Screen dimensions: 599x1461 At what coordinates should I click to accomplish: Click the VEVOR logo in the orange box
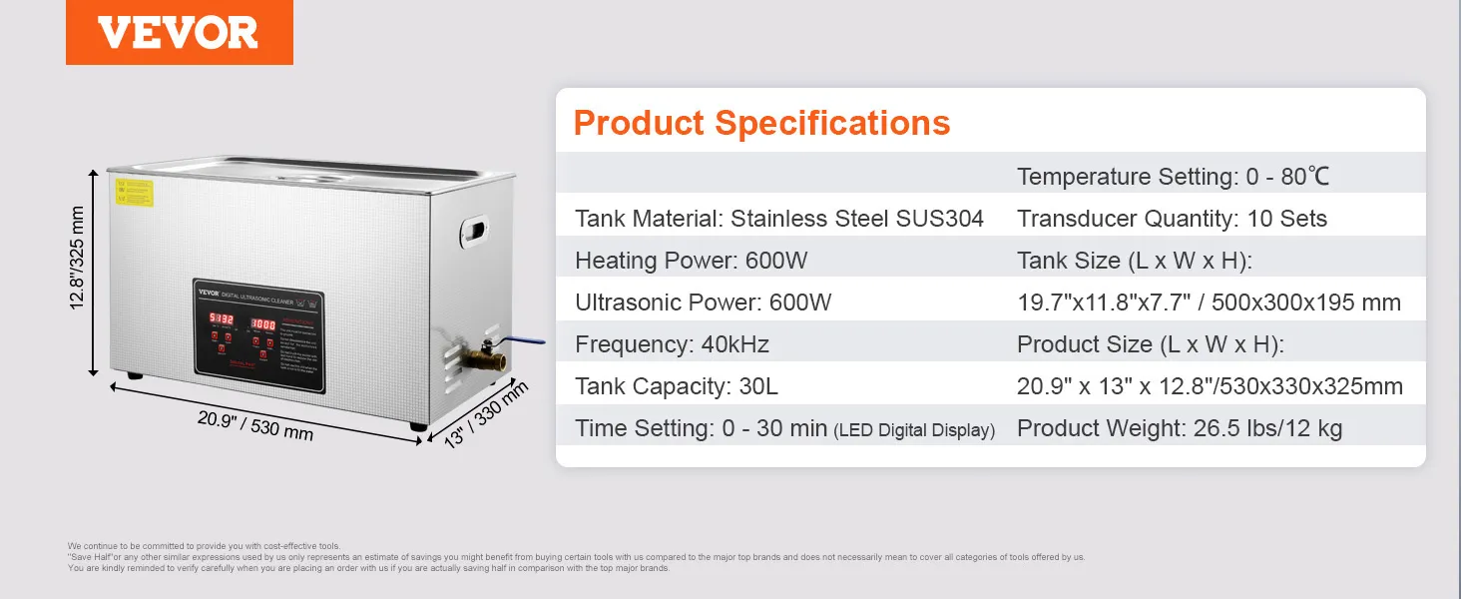(x=179, y=33)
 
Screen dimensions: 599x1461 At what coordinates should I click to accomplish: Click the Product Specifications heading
(x=761, y=123)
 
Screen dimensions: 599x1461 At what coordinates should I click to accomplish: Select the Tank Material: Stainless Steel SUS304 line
(x=778, y=219)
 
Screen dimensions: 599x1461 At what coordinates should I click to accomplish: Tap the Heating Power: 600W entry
(x=691, y=261)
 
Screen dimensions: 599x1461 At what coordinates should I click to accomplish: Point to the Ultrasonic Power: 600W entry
(x=703, y=302)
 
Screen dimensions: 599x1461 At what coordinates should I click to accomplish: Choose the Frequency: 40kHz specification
(x=672, y=344)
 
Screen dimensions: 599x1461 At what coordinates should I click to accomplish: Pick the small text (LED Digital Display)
(x=914, y=430)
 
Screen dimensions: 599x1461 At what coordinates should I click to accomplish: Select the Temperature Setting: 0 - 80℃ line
(x=1173, y=177)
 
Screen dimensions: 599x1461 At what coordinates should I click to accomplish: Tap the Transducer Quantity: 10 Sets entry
(x=1172, y=219)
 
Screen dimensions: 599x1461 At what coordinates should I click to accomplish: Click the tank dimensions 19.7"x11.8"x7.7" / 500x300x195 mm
(x=1209, y=302)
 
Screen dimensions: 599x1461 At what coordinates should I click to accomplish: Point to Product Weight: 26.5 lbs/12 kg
(x=1179, y=428)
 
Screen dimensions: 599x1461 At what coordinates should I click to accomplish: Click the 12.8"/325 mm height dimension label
(x=78, y=259)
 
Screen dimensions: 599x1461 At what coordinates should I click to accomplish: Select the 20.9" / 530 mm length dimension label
(x=255, y=425)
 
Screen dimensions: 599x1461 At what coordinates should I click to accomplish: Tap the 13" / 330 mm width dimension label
(x=485, y=413)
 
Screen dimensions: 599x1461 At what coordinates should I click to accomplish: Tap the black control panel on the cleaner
(x=260, y=328)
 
